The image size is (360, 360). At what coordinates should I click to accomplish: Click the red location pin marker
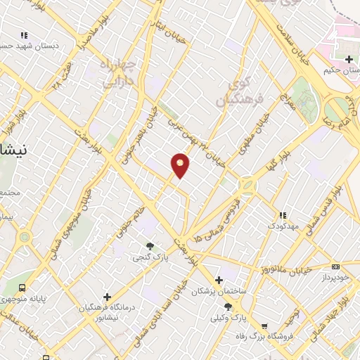coord(180,165)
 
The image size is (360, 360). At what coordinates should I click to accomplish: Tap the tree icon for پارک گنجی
coord(149,245)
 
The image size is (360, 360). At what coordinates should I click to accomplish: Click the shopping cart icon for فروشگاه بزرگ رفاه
coord(264,326)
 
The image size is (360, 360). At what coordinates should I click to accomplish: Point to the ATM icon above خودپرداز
coord(335,266)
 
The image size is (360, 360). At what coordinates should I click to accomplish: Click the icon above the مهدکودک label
coord(282,215)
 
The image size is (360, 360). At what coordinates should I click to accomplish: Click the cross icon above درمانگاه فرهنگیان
coord(107,297)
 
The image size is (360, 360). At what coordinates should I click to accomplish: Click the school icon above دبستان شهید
coord(24,34)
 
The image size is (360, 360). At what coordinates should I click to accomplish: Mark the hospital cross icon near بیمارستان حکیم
coord(349,58)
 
